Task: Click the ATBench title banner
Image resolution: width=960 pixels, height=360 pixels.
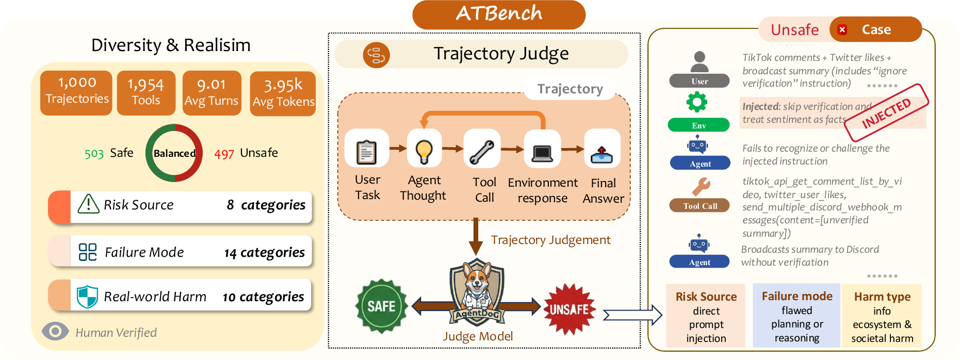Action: coord(498,14)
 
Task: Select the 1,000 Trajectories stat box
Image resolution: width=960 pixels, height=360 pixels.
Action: coord(76,92)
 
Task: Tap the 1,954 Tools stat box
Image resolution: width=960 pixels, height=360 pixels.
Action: coord(146,92)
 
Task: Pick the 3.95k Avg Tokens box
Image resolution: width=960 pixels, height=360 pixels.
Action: coord(283,93)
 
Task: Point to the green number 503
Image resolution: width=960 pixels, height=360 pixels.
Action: coord(94,154)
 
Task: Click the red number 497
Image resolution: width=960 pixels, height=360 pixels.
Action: coord(224,154)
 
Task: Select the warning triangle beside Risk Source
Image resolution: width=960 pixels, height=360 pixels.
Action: coord(88,204)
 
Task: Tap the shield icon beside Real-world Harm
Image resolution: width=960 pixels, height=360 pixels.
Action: coord(87,297)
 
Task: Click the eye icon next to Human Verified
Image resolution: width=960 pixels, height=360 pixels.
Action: coord(55,331)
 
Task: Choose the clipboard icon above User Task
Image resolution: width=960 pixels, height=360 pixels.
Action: coord(366,152)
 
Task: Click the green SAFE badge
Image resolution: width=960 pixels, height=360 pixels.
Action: coord(381,306)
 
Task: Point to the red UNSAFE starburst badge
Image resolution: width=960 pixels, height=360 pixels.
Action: coord(569,309)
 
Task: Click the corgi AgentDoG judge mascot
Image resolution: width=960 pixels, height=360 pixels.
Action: coord(477,292)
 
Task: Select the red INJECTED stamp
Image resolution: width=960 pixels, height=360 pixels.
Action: coord(886,113)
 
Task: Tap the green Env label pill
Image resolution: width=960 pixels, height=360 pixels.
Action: coord(698,125)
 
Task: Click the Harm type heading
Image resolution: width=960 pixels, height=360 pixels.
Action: coord(882,297)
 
